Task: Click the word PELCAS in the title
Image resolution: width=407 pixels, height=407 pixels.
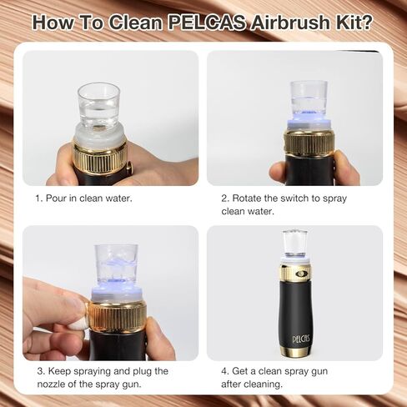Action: click(207, 23)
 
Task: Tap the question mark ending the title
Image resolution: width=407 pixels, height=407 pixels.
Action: click(366, 22)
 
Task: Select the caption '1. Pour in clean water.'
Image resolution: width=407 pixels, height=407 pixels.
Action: click(83, 198)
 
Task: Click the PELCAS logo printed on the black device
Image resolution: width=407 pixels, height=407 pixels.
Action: click(297, 339)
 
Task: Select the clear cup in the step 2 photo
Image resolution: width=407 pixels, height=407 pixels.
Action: click(309, 100)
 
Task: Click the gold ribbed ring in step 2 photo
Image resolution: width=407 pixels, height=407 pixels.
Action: click(309, 144)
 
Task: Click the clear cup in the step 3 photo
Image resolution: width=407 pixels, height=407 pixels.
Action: click(116, 267)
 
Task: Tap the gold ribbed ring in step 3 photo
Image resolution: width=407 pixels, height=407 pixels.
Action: click(118, 317)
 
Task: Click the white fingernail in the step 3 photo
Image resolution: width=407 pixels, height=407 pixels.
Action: click(78, 324)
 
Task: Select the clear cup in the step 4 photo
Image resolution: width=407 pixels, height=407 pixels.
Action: click(294, 244)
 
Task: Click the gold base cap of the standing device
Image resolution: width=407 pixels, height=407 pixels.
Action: click(296, 351)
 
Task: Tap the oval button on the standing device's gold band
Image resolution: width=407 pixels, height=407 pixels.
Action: click(301, 274)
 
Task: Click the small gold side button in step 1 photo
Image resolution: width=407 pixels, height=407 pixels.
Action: click(129, 168)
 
